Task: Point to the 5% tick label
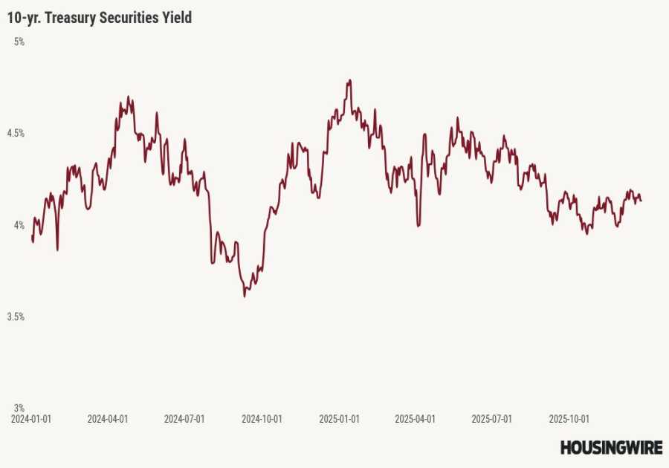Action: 19,42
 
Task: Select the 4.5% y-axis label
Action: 16,134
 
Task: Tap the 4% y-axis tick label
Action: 19,225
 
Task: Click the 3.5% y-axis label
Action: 16,316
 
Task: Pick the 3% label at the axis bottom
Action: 19,408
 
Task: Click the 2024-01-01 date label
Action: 31,419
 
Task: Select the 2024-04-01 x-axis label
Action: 108,419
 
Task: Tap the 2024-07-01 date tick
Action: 184,419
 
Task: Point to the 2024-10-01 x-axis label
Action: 262,419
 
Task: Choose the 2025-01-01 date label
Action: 339,419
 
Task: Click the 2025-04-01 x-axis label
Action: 415,419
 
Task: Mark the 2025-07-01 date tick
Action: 491,419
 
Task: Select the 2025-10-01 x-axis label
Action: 569,419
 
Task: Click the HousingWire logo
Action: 611,447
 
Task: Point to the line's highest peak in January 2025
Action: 349,80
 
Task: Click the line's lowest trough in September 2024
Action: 245,296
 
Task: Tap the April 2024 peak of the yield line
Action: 128,97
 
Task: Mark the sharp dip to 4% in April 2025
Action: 418,225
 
